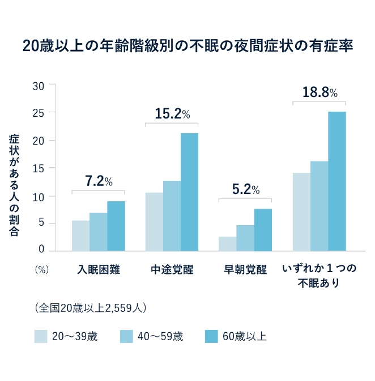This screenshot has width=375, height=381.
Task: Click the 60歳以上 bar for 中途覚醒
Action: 189,192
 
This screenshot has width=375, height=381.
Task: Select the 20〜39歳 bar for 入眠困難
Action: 80,236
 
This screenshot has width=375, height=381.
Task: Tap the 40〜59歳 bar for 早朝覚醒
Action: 245,238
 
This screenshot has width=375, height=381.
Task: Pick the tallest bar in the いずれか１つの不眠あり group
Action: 336,181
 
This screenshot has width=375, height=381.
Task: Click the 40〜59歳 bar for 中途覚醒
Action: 172,216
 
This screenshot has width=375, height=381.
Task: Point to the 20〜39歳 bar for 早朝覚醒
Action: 227,244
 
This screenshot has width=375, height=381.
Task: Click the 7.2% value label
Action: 99,181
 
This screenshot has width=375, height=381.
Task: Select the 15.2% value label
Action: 172,114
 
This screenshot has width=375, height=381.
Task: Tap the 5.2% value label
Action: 245,189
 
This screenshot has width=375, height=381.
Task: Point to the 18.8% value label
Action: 319,92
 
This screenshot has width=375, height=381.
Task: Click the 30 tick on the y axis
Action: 38,86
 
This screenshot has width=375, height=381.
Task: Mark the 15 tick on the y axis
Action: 38,168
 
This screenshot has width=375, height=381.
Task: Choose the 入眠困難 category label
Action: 99,269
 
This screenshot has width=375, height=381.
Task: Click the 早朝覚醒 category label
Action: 245,269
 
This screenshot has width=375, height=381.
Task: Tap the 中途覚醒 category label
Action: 172,269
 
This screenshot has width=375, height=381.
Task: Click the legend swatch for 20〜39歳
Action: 40,336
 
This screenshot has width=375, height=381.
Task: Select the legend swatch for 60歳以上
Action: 211,336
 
